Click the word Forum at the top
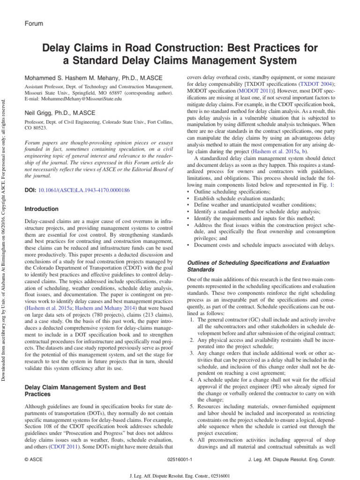click(33, 23)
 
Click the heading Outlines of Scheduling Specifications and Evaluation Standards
click(258, 266)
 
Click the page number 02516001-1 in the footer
click(180, 460)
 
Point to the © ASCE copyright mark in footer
click(33, 460)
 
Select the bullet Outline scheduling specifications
click(231, 192)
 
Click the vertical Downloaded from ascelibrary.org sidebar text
click(5, 234)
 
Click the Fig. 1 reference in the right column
click(328, 185)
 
